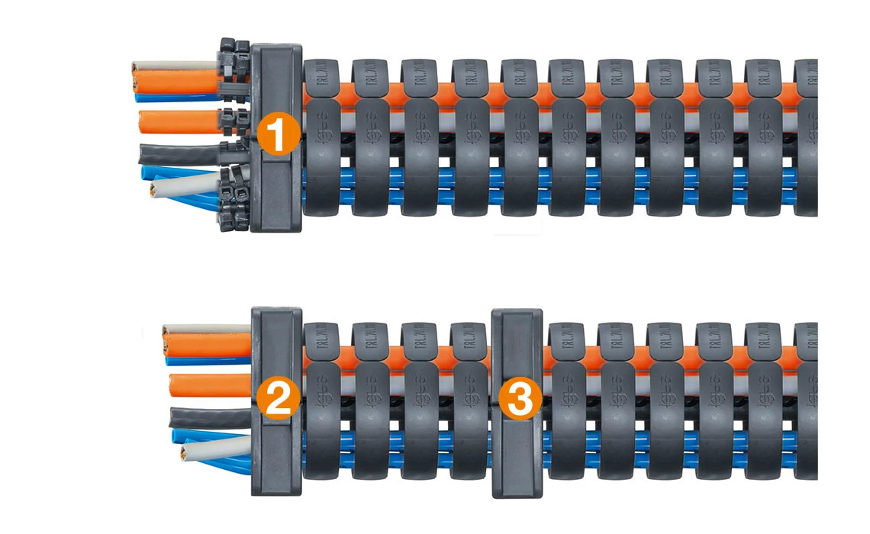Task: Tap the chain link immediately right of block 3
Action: click(567, 400)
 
